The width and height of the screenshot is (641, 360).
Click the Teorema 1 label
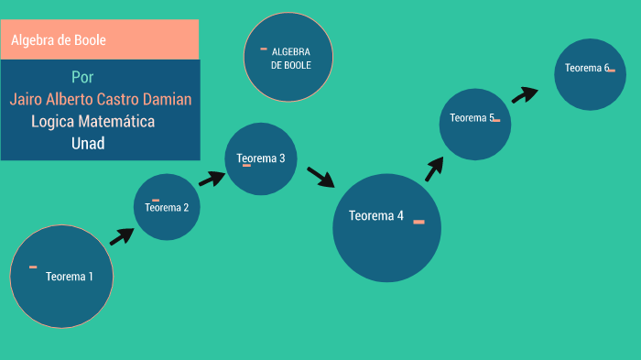(x=70, y=277)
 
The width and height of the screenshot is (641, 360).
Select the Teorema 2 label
(x=167, y=207)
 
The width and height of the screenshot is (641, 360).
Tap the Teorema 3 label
(x=261, y=158)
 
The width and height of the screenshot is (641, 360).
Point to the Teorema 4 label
(x=376, y=216)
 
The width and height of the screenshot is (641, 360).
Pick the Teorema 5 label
(x=472, y=117)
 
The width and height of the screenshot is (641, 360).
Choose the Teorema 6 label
(x=587, y=68)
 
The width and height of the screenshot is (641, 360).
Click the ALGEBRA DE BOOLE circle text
(x=291, y=59)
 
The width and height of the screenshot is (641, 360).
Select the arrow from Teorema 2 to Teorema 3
(x=212, y=177)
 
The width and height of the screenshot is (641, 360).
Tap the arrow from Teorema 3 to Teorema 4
(x=320, y=176)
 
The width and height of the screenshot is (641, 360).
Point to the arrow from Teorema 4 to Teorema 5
(x=434, y=169)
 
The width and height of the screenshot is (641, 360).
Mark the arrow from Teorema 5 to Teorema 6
(x=525, y=94)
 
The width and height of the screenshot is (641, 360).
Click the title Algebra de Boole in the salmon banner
(x=59, y=40)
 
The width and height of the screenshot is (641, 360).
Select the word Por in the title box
(x=82, y=77)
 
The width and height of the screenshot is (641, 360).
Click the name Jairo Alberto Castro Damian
(x=101, y=99)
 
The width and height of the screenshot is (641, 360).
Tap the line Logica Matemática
(x=92, y=121)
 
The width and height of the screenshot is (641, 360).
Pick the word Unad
(x=88, y=143)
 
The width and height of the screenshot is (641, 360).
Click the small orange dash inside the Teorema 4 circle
(x=418, y=222)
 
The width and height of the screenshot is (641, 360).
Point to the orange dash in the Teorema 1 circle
(x=33, y=267)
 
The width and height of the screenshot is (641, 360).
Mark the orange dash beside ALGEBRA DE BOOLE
(x=264, y=49)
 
